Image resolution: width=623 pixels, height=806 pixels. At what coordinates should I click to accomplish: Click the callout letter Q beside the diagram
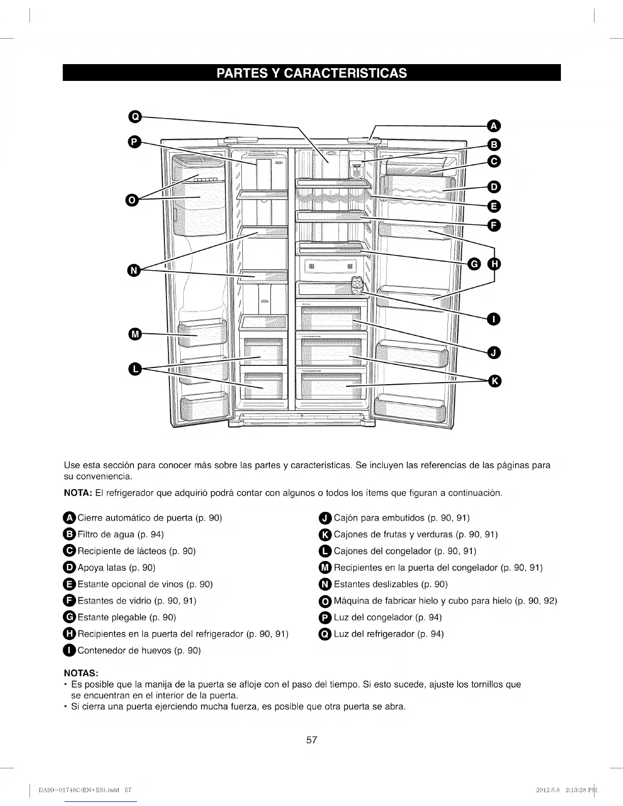134,117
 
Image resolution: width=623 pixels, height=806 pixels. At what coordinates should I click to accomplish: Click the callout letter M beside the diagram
134,334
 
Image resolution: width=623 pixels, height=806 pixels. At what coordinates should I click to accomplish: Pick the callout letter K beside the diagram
494,381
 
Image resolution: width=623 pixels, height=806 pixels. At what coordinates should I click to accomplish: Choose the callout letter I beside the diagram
494,319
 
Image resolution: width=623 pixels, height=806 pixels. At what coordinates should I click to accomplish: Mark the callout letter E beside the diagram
494,206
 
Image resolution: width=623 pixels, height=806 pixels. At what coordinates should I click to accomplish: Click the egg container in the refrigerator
358,285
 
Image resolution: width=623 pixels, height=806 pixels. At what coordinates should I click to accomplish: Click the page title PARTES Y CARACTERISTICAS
311,73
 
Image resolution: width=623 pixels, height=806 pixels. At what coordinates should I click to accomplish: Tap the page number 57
311,740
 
